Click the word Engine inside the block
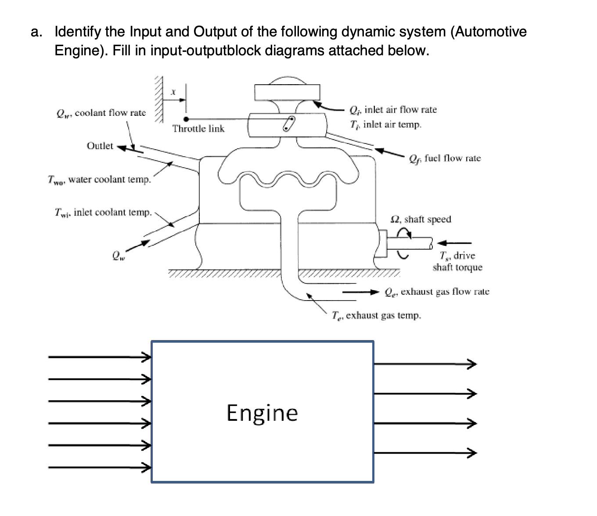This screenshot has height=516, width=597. tap(262, 413)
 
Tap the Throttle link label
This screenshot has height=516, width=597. tap(198, 129)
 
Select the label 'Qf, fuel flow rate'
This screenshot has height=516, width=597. tap(445, 158)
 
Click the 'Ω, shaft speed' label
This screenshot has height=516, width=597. tap(421, 219)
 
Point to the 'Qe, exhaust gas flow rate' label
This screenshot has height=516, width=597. tap(437, 292)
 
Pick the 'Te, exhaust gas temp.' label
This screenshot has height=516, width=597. tap(376, 315)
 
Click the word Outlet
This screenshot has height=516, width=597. tap(100, 146)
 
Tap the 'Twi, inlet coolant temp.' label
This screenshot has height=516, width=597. tap(103, 212)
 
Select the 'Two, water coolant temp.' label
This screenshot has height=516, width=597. tap(100, 179)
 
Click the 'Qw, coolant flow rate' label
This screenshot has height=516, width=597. tap(101, 113)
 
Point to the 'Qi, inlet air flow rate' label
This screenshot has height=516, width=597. tap(393, 110)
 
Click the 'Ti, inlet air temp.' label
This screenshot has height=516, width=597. tap(385, 125)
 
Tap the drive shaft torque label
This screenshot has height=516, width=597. tap(457, 262)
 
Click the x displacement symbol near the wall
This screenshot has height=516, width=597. tap(173, 92)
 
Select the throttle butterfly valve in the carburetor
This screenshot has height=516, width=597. tap(288, 124)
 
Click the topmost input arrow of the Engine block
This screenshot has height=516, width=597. tap(99, 357)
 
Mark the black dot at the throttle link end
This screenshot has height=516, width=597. tap(186, 119)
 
